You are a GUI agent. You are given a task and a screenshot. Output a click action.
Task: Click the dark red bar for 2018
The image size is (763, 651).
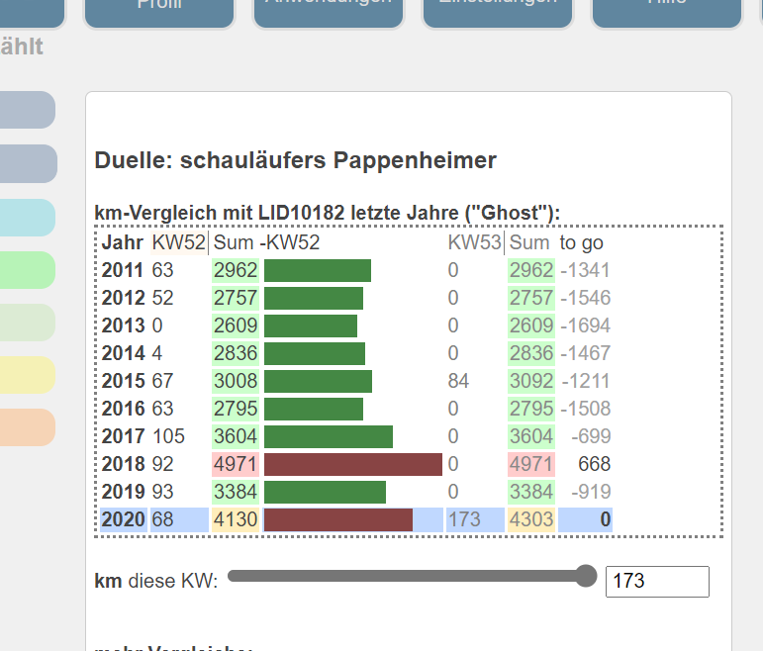(352, 464)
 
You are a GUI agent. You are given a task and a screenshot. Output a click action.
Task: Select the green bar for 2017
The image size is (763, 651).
(328, 436)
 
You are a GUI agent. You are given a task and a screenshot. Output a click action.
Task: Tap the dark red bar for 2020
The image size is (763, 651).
(337, 519)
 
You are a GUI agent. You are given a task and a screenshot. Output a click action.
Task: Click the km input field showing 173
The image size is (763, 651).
(656, 582)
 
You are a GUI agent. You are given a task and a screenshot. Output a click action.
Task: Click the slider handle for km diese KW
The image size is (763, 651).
(586, 576)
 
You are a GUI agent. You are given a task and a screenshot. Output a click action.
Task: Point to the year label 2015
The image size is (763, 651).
(124, 381)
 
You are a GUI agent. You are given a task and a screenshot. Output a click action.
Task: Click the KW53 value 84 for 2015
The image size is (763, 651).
(458, 381)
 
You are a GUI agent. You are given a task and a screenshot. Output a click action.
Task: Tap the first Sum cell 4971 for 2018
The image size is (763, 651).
(236, 464)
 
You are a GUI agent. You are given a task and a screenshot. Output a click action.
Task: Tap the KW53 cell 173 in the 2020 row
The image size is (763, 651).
(464, 519)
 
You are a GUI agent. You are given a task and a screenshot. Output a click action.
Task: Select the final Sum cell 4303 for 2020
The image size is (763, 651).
(530, 519)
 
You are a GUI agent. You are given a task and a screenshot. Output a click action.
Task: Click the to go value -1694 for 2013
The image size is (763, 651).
(585, 325)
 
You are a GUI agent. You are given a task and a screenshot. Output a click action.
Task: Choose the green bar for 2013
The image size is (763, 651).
(310, 325)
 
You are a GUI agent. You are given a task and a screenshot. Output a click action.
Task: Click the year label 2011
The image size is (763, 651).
(124, 270)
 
